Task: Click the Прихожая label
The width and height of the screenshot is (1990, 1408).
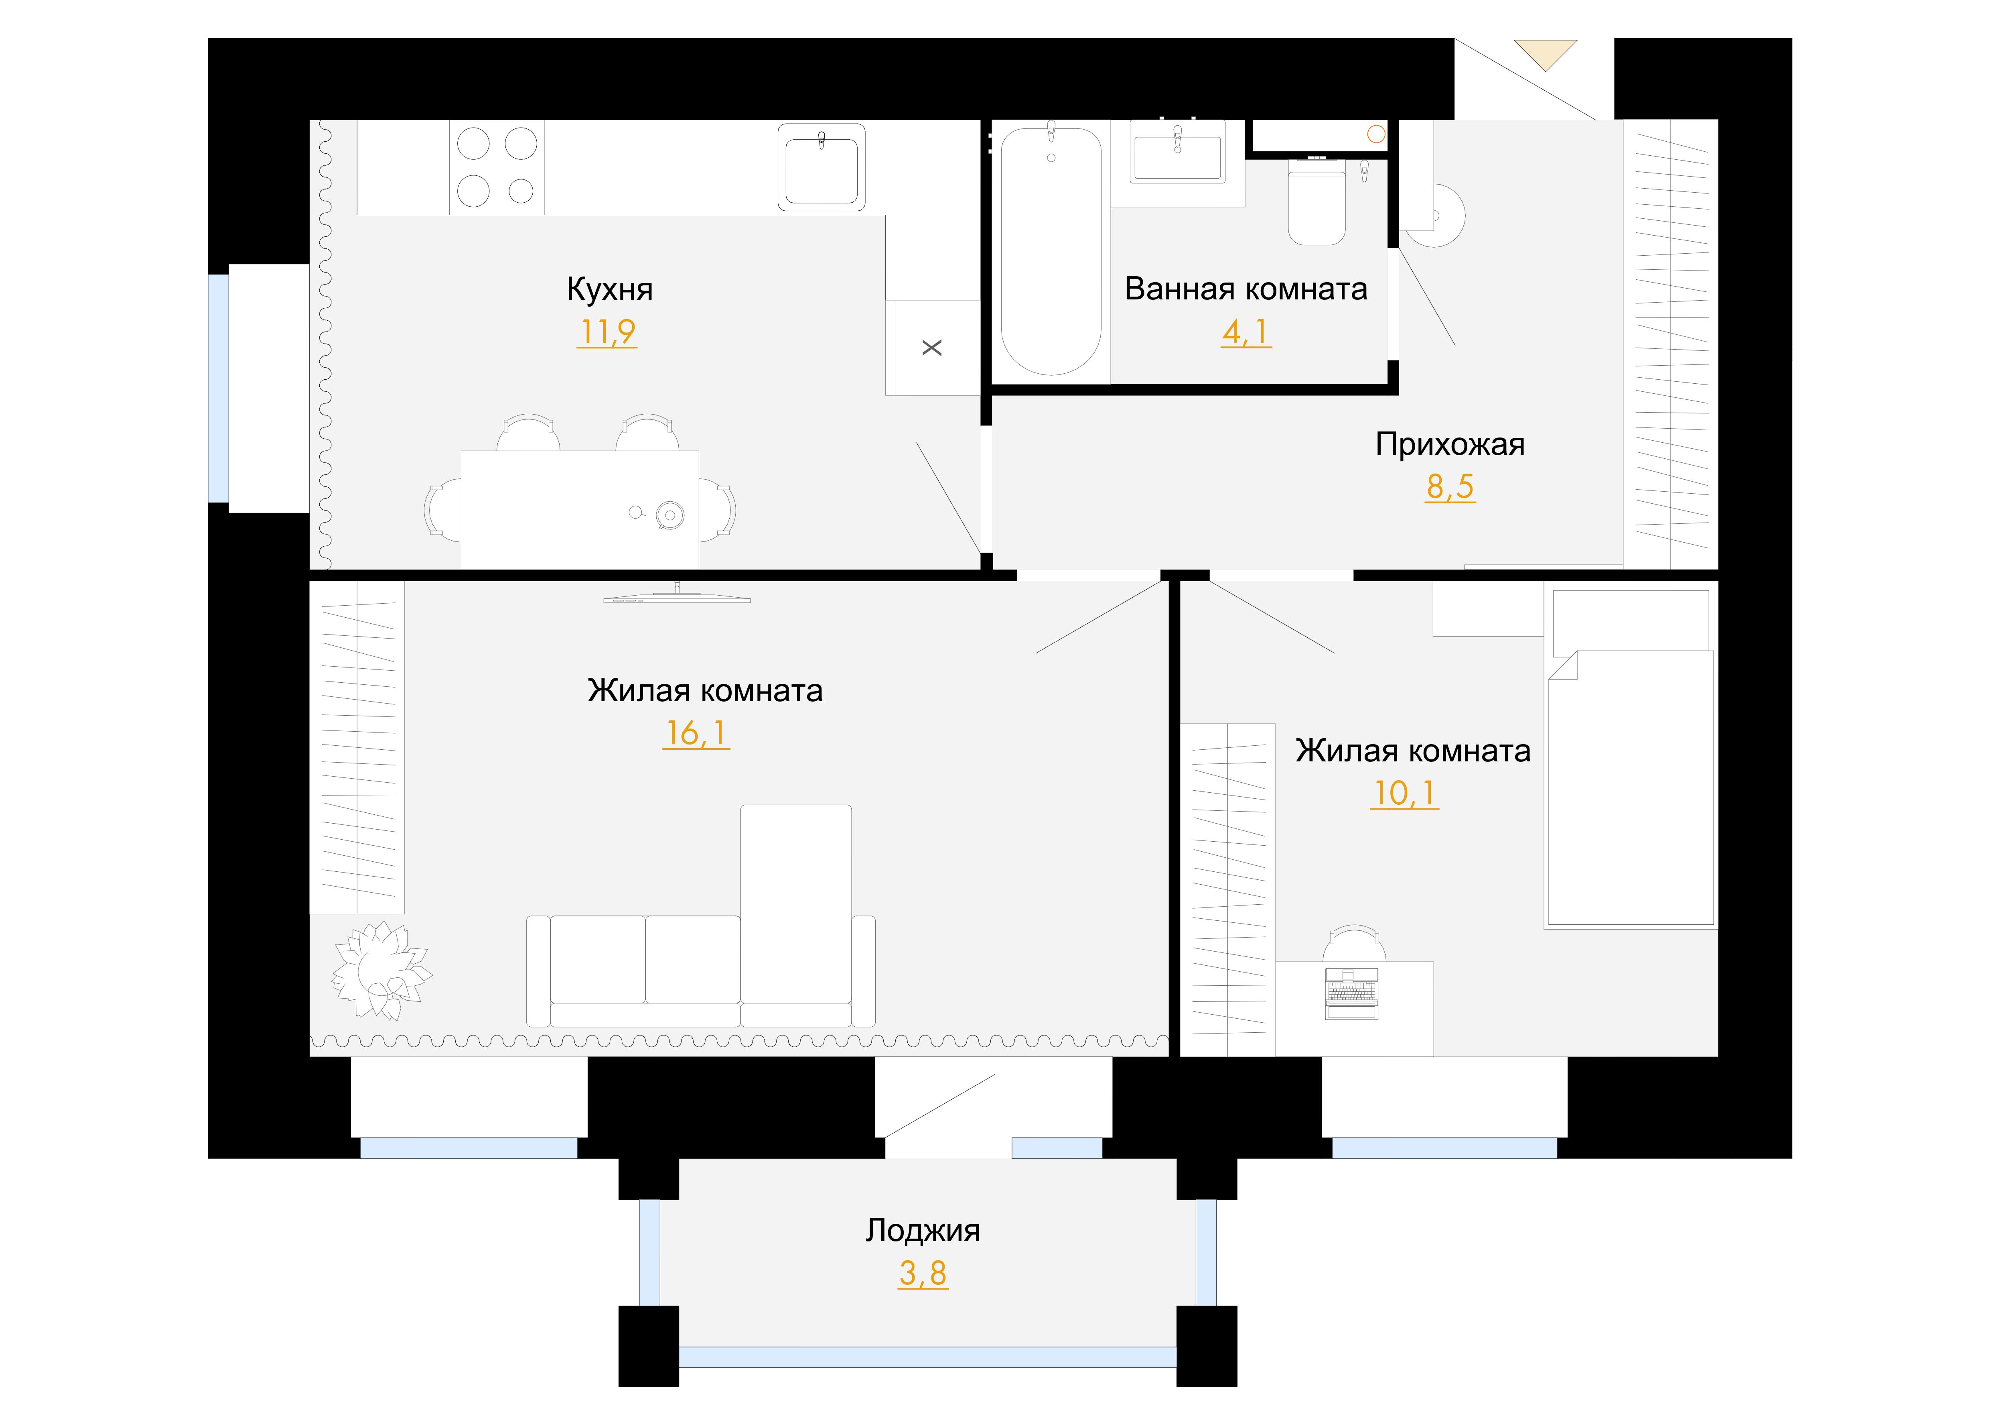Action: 1450,445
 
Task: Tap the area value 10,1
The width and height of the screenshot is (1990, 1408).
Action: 1404,793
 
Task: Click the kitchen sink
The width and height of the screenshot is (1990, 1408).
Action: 822,167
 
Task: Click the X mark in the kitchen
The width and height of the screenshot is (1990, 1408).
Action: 932,348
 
